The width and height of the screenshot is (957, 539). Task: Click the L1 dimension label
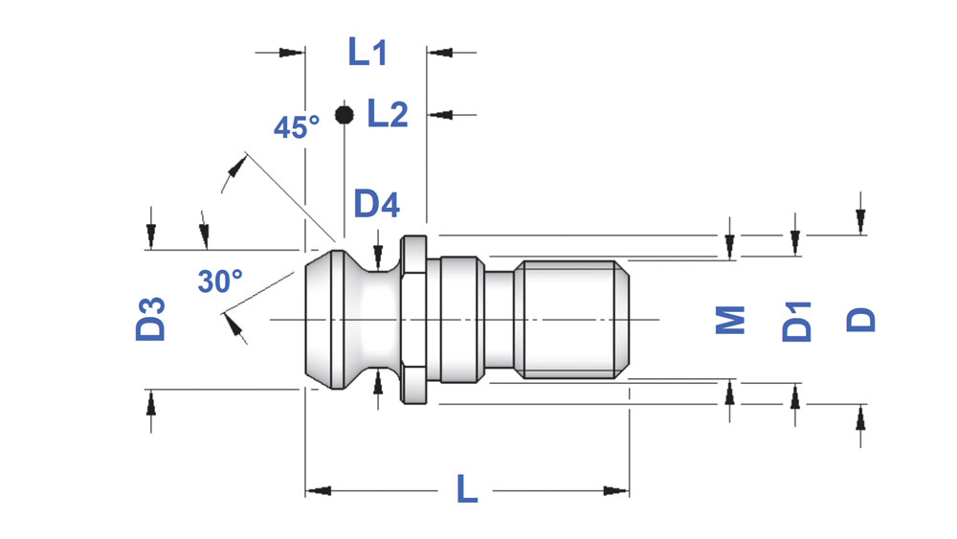[x=367, y=52]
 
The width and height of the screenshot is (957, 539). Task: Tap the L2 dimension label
[x=388, y=114]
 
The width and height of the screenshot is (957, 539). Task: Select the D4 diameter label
[x=376, y=204]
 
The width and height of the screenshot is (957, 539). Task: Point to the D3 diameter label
[x=151, y=319]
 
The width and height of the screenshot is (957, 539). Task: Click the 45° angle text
[x=297, y=127]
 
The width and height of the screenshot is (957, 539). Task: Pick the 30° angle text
[x=220, y=281]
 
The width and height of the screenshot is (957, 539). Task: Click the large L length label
[x=467, y=488]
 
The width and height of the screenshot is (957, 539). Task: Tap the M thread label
[x=730, y=320]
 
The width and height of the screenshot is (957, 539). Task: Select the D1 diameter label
[x=797, y=321]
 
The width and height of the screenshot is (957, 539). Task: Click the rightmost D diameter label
[x=861, y=320]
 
